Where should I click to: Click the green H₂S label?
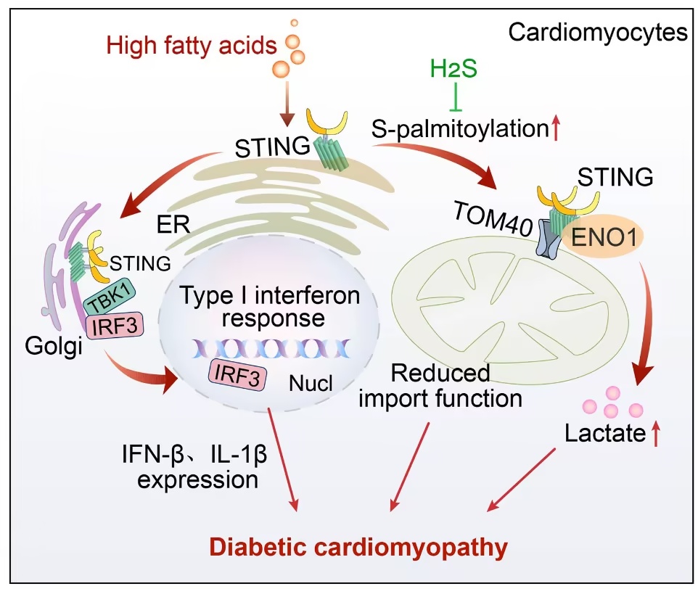pyautogui.click(x=453, y=68)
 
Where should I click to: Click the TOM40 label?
pyautogui.click(x=493, y=218)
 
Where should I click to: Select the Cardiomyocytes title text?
pyautogui.click(x=598, y=33)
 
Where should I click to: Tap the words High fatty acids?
pyautogui.click(x=192, y=46)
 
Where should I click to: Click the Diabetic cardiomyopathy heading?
pyautogui.click(x=358, y=547)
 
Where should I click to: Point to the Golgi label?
pyautogui.click(x=54, y=346)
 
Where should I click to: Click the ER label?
pyautogui.click(x=173, y=224)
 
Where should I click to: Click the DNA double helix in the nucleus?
pyautogui.click(x=271, y=349)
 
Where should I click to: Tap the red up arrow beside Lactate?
pyautogui.click(x=656, y=434)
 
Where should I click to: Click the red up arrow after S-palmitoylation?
pyautogui.click(x=556, y=127)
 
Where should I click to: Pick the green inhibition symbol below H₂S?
pyautogui.click(x=454, y=96)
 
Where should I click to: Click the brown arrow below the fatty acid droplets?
pyautogui.click(x=289, y=104)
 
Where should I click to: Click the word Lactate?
pyautogui.click(x=605, y=433)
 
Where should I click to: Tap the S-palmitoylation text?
pyautogui.click(x=460, y=129)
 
